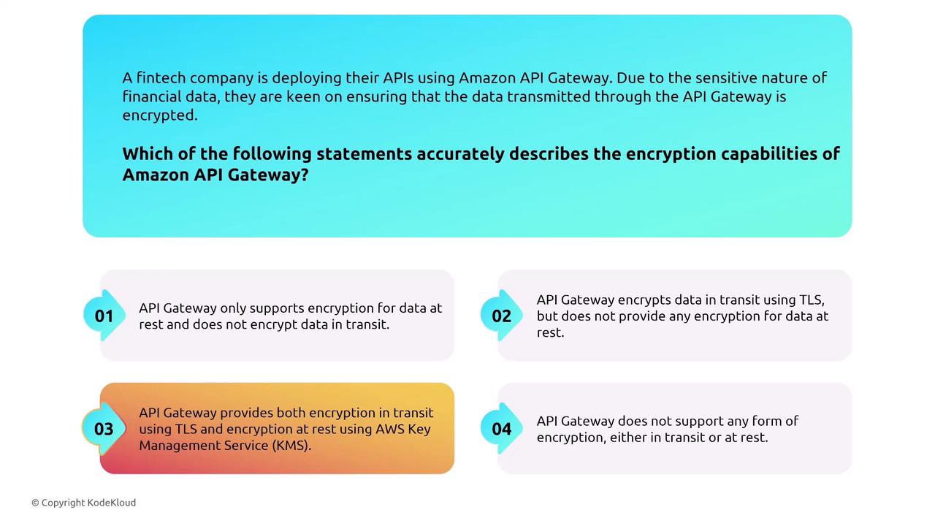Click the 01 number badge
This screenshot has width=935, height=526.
104,316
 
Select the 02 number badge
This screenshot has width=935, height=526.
501,316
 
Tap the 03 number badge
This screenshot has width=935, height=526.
104,429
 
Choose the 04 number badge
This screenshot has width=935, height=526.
501,429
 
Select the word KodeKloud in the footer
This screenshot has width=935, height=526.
112,503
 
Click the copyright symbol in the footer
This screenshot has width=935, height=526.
35,503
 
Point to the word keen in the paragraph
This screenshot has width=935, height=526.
303,96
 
